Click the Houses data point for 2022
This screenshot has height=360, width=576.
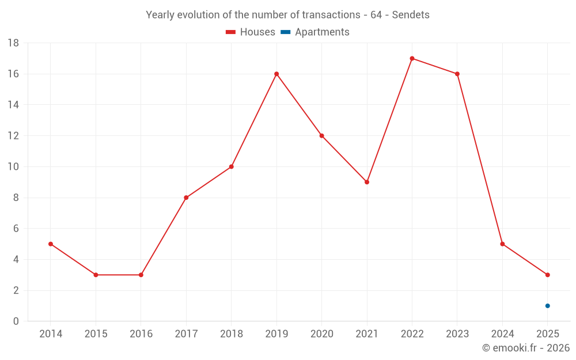click(x=412, y=58)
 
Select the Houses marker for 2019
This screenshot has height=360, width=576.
click(x=276, y=74)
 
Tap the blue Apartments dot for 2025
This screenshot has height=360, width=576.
click(x=548, y=306)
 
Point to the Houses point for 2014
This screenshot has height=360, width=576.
click(x=51, y=244)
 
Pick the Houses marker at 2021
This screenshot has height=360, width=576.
click(x=367, y=182)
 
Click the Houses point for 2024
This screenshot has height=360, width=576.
click(x=502, y=244)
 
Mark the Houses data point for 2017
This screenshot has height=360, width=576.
click(x=186, y=198)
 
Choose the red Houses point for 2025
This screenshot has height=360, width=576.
click(x=548, y=275)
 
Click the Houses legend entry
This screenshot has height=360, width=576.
click(x=251, y=32)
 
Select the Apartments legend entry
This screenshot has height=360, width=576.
click(x=316, y=32)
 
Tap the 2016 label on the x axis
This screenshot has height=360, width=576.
click(x=141, y=334)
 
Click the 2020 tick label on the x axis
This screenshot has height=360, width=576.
click(x=321, y=334)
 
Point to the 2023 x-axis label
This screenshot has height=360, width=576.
click(x=457, y=334)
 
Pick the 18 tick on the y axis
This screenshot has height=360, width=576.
click(x=13, y=43)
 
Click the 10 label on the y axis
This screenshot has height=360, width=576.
click(x=13, y=167)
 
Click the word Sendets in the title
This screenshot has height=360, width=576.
click(x=411, y=15)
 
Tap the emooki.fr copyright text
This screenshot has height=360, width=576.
click(x=526, y=348)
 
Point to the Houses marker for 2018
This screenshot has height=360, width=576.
click(x=231, y=166)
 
